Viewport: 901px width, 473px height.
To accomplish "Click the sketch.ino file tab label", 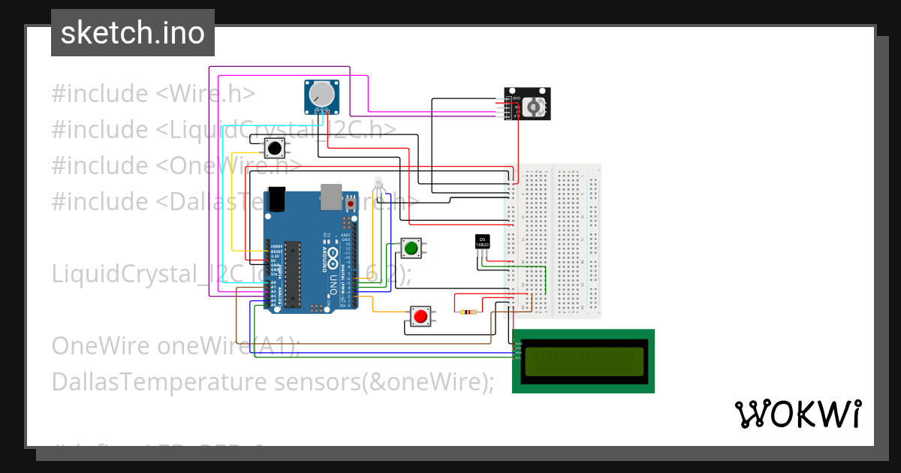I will [x=133, y=33].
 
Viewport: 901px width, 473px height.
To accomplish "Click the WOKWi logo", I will [x=797, y=414].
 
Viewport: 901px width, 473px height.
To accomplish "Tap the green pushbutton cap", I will [x=411, y=248].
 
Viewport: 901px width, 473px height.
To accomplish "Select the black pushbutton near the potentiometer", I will [x=276, y=146].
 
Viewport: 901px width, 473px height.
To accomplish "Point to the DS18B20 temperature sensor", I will [x=483, y=242].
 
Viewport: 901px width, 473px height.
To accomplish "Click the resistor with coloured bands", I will [x=469, y=312].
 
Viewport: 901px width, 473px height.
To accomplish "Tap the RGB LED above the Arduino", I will [x=378, y=182].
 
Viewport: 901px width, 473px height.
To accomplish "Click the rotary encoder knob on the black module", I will [x=535, y=107].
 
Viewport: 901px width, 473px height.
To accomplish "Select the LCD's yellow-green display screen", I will [x=584, y=361].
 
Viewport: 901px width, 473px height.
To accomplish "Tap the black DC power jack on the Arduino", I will [x=279, y=198].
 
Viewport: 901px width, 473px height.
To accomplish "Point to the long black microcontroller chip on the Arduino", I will [x=293, y=274].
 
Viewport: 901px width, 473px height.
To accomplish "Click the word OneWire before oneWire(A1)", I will [x=101, y=346].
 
